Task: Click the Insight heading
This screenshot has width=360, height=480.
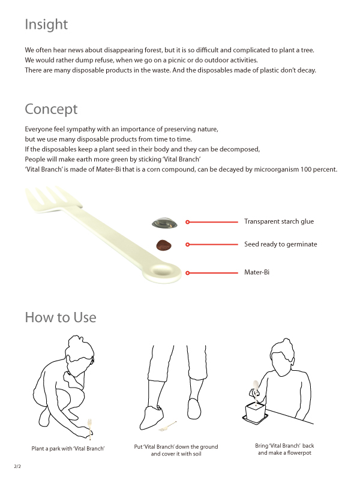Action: (46, 25)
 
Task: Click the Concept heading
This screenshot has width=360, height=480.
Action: (51, 109)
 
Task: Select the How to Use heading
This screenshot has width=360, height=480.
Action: (61, 317)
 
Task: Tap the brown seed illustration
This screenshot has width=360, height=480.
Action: (164, 245)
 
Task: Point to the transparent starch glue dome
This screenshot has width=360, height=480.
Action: (164, 223)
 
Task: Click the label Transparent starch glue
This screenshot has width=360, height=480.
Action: (279, 221)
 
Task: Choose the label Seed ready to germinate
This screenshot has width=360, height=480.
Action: (280, 244)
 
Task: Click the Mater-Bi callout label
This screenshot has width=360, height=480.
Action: (257, 272)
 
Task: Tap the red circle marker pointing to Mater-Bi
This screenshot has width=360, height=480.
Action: (188, 273)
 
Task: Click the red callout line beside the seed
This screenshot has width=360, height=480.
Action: (212, 244)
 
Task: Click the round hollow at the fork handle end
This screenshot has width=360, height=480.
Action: (162, 271)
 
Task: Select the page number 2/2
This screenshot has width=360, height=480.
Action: (17, 466)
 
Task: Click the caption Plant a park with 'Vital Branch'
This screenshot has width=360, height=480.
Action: (68, 448)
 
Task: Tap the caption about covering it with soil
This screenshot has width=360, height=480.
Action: (176, 450)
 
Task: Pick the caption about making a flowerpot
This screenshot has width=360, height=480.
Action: (284, 449)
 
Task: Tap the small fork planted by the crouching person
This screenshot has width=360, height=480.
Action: (89, 428)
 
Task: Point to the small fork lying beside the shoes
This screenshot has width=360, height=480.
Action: (168, 427)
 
